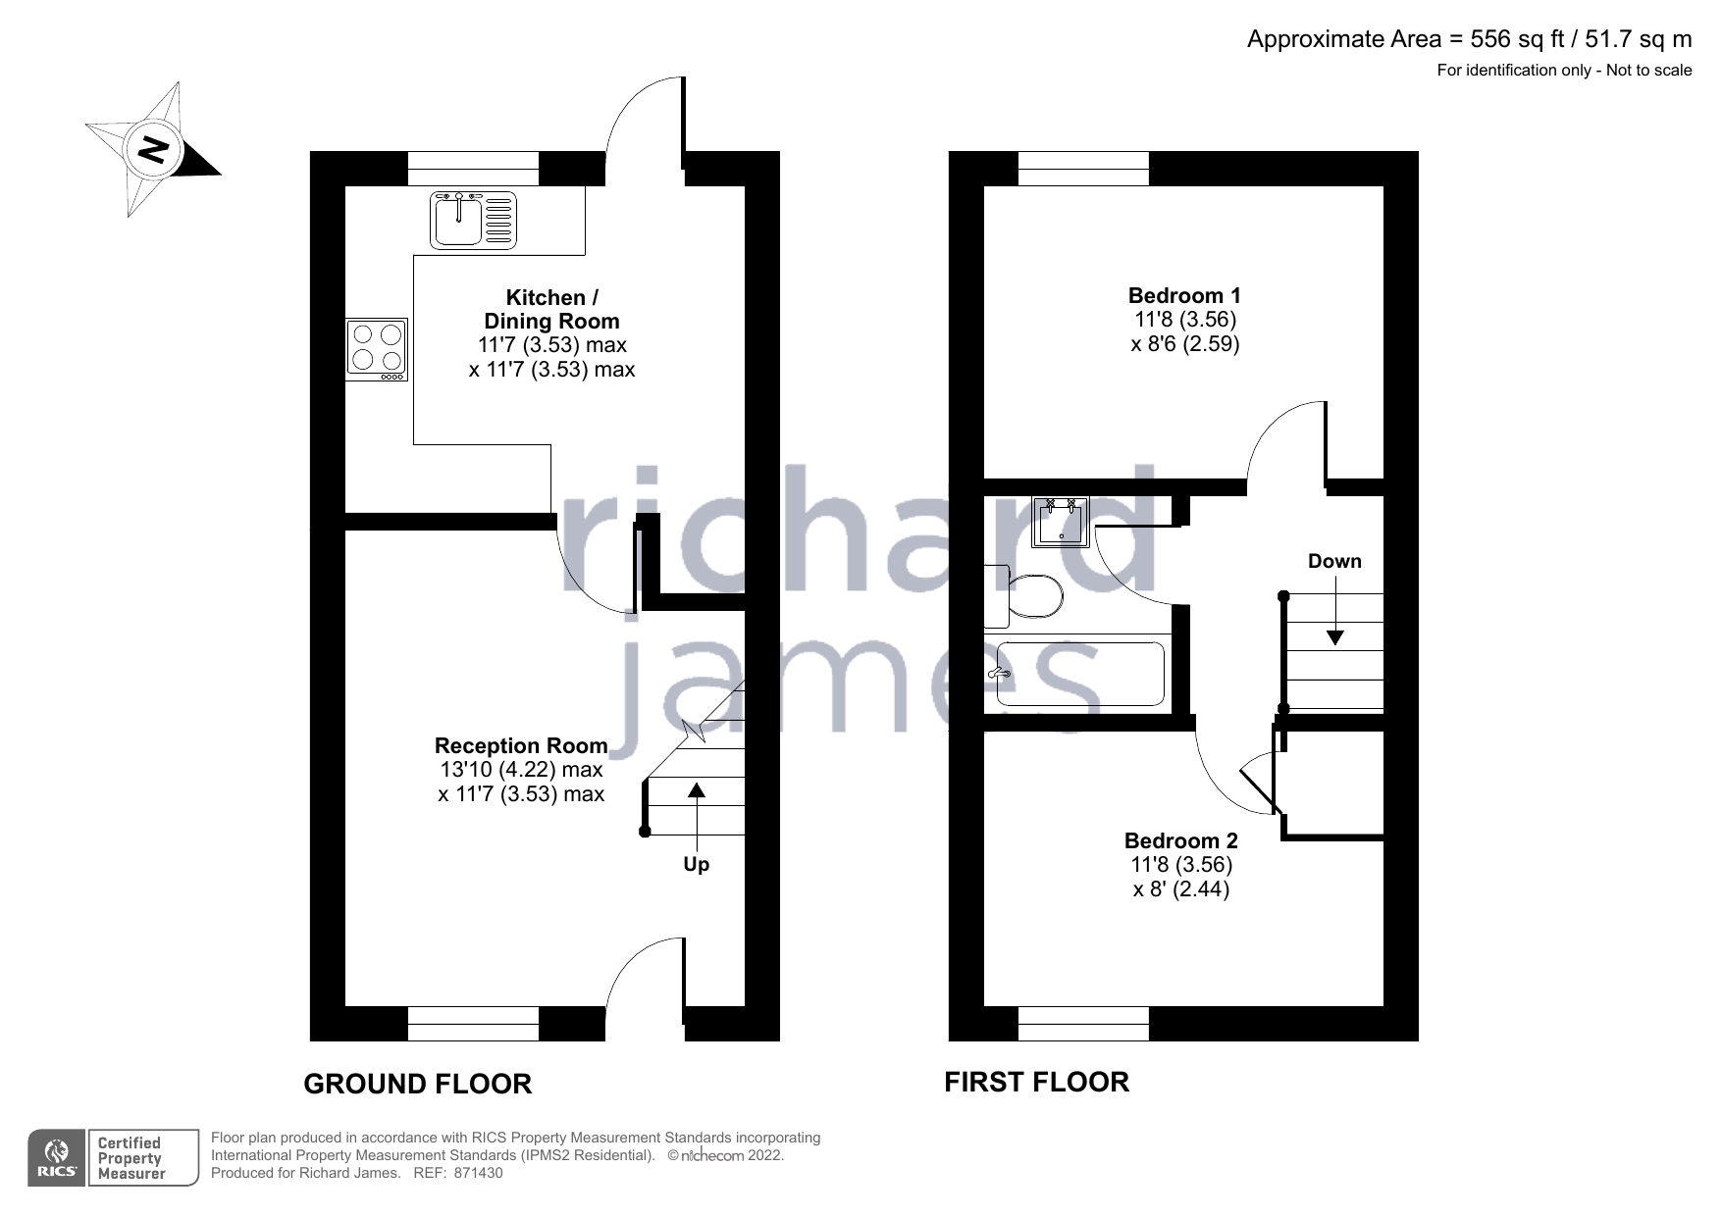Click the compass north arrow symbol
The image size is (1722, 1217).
click(153, 150)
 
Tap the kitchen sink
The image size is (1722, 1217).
click(474, 220)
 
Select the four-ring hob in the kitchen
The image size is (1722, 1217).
click(377, 349)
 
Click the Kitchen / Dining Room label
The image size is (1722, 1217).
click(551, 309)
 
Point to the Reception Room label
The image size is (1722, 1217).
click(521, 746)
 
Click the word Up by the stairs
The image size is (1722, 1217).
click(696, 864)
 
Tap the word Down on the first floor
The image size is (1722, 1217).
click(1334, 561)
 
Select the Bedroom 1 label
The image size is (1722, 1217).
click(1184, 295)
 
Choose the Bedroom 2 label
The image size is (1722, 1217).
click(1180, 840)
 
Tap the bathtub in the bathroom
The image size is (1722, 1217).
click(1079, 674)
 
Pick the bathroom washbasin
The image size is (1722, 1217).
click(1061, 522)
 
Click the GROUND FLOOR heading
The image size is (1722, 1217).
click(418, 1084)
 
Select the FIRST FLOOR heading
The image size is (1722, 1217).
click(1036, 1082)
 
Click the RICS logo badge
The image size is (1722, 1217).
click(56, 1158)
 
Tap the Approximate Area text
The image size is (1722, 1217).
click(1469, 39)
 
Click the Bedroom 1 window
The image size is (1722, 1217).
click(1083, 169)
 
